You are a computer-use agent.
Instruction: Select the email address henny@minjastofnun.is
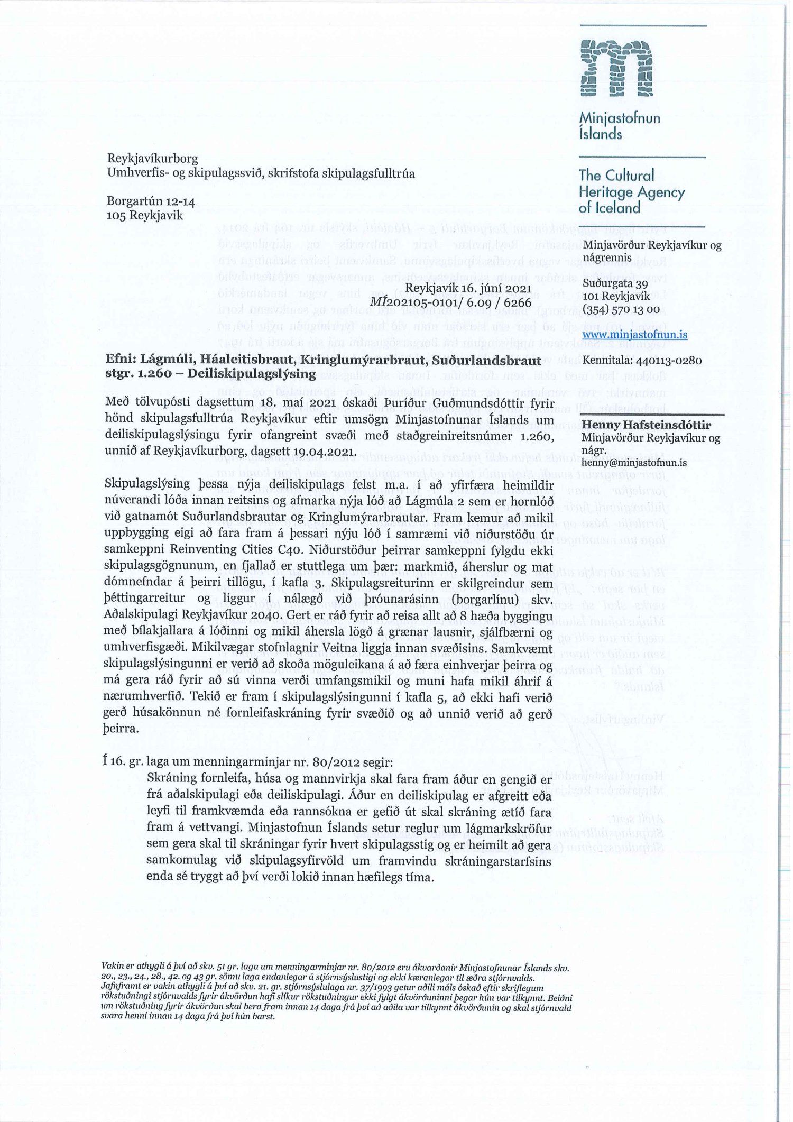[x=634, y=462]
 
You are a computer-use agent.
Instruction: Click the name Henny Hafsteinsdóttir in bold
[x=646, y=425]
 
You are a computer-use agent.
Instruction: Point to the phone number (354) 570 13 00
[x=620, y=309]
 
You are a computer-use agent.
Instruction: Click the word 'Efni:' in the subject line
[x=120, y=361]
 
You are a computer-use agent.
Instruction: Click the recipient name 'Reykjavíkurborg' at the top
[x=153, y=159]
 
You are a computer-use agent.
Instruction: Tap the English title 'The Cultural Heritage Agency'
[x=632, y=183]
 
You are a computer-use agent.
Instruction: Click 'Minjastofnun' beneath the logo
[x=620, y=117]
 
